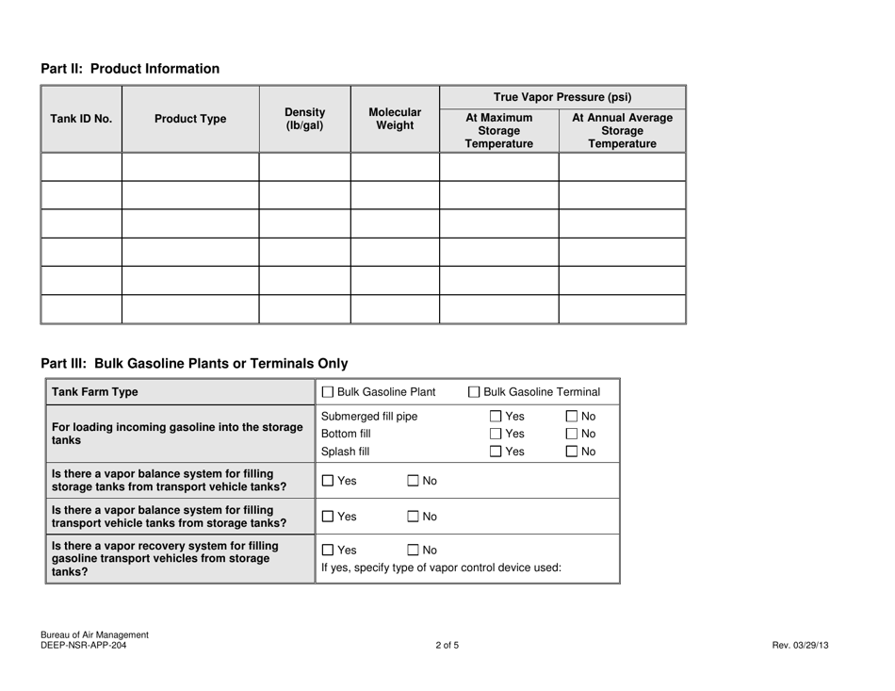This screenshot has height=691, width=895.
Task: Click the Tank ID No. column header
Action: (x=80, y=119)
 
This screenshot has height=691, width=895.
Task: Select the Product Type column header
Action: (x=190, y=119)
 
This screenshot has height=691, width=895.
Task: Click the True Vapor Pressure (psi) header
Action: (x=561, y=95)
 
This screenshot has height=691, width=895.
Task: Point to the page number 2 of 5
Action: (x=447, y=646)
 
